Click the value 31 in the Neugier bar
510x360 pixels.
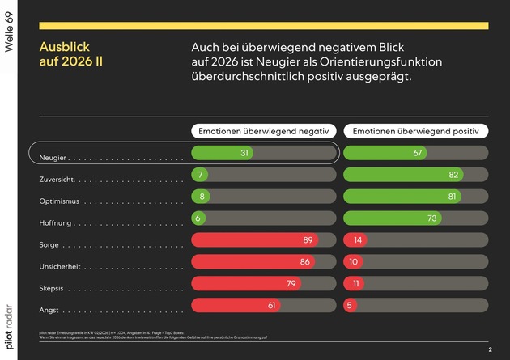pos(244,153)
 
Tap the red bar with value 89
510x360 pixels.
pos(253,239)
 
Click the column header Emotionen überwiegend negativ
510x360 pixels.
pos(264,130)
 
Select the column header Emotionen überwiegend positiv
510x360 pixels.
pos(416,130)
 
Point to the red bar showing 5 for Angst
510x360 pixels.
pos(351,305)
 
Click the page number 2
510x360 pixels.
pos(490,349)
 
